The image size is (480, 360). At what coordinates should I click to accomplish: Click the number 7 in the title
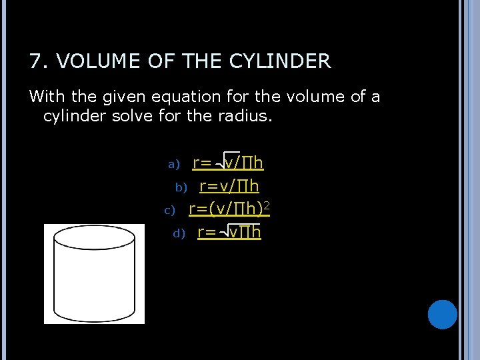click(35, 62)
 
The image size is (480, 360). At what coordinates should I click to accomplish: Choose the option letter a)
click(174, 164)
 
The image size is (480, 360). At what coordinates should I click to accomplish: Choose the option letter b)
click(181, 187)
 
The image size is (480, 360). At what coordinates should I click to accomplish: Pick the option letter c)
click(169, 211)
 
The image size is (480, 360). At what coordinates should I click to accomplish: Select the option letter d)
click(179, 234)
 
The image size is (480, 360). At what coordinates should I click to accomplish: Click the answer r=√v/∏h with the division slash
click(228, 163)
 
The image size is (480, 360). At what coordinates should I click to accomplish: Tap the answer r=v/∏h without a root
click(229, 186)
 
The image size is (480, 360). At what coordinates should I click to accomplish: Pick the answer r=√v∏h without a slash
click(229, 233)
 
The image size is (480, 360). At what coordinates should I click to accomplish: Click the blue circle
click(442, 314)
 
